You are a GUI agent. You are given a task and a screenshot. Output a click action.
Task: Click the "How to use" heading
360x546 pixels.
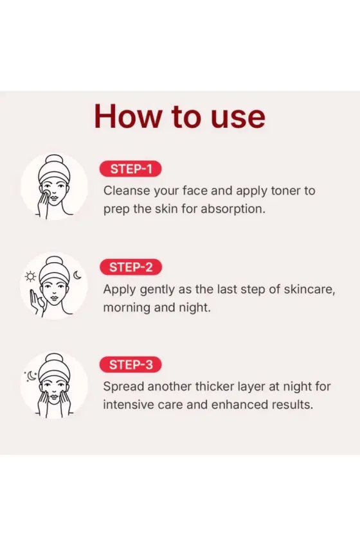coord(180,116)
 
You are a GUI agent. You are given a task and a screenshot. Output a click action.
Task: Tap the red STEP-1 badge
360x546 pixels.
coord(130,169)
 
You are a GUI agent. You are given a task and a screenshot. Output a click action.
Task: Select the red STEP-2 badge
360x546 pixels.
coord(130,267)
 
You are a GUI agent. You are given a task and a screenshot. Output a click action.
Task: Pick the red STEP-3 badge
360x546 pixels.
coord(130,365)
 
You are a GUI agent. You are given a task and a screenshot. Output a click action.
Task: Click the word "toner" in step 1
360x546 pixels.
coord(286,191)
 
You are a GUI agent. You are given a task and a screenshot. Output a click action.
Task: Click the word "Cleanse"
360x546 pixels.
coord(127,191)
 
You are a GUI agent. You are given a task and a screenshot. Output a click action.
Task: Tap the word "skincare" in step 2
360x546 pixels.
coord(309,290)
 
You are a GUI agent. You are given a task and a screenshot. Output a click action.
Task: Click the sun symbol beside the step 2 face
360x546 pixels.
coord(31,276)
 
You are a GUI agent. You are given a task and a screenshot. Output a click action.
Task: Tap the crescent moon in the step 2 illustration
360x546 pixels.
coord(77,276)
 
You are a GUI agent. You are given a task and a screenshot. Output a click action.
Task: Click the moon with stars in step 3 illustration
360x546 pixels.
coord(31,376)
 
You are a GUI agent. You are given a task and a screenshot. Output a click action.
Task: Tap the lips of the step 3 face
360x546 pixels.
coord(54,396)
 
